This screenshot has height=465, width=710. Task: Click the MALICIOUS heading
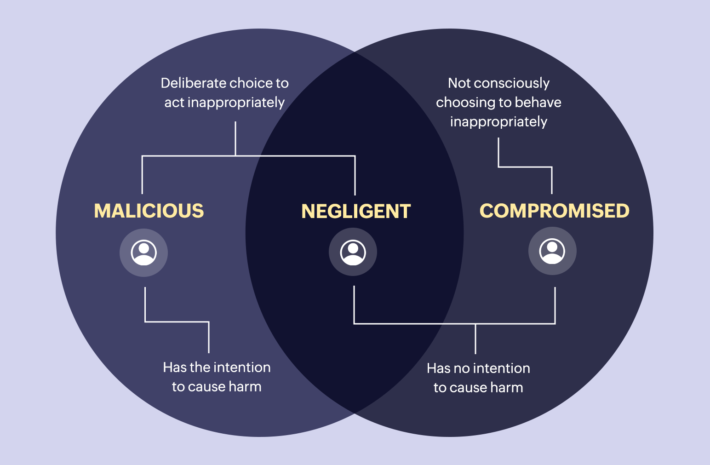149,211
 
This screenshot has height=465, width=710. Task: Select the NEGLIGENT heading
356,212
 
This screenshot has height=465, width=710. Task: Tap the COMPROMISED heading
554,211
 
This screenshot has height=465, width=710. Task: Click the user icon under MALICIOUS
144,253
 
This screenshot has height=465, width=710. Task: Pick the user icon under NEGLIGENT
353,252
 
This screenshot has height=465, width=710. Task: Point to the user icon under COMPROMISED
552,251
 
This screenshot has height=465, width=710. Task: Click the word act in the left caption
174,103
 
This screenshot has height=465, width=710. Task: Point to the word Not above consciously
459,83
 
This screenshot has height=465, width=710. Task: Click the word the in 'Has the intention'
200,367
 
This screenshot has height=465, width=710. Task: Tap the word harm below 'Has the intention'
245,387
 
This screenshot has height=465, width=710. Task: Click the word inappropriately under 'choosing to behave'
498,122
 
